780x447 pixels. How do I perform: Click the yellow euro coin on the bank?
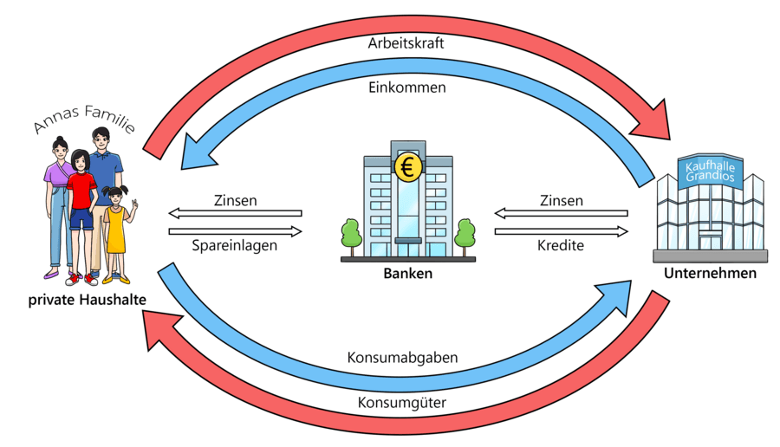point(406,165)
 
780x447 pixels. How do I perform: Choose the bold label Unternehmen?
point(710,273)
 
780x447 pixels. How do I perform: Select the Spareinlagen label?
point(234,246)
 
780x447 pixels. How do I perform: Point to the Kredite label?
point(561,246)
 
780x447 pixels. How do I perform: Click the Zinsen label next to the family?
point(234,201)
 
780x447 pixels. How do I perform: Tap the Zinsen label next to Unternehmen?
point(561,201)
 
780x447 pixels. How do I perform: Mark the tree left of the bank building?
point(350,235)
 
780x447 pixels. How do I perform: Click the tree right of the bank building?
point(465,235)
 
